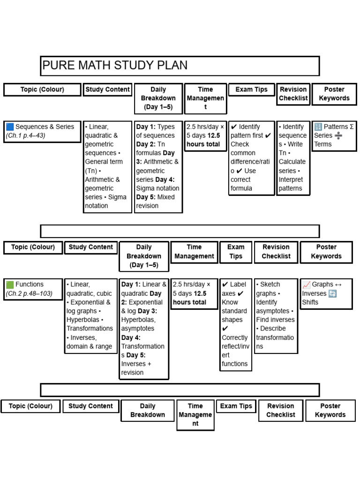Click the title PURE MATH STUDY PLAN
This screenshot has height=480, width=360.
point(115,66)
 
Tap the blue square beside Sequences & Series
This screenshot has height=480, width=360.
point(10,127)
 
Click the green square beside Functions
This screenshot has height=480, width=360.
point(10,285)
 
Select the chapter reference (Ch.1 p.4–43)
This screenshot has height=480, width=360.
point(26,136)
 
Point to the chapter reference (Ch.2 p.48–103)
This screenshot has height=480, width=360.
point(29,293)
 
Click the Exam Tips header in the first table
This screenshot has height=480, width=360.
point(251,90)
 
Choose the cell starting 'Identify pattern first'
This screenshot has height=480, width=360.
point(251,157)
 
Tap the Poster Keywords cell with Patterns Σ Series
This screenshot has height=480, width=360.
point(334,135)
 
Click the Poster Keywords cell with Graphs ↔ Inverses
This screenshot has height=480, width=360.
point(326,293)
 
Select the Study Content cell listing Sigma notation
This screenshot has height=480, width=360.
point(107,166)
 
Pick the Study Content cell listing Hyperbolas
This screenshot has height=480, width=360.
point(90,315)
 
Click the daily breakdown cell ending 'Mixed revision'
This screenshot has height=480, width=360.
point(158,166)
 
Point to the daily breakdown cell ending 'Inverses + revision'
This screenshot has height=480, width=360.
point(143,329)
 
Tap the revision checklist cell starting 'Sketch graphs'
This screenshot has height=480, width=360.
point(276,315)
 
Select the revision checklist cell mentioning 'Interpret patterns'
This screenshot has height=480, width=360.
point(292,157)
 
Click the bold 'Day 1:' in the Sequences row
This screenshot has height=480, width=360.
point(146,127)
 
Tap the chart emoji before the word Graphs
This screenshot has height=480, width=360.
point(307,285)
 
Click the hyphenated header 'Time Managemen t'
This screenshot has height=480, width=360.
point(205,98)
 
